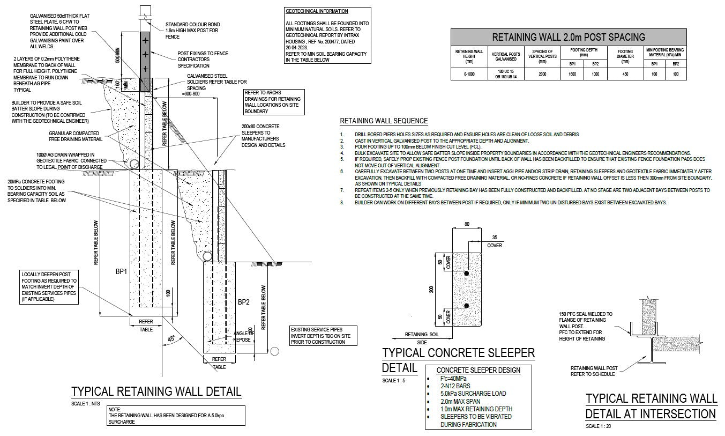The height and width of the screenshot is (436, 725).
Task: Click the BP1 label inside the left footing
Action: click(121, 272)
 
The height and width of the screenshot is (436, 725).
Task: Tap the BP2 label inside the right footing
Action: click(244, 302)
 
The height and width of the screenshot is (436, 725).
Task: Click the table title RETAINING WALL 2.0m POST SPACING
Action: click(569, 37)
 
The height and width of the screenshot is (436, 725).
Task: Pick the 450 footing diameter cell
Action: click(625, 75)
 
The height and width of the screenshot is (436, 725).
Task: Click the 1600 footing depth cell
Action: click(572, 75)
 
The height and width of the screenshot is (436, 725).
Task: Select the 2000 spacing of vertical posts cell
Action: click(543, 75)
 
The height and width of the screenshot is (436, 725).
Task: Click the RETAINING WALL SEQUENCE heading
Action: click(384, 121)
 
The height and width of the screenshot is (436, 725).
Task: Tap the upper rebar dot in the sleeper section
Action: click(467, 274)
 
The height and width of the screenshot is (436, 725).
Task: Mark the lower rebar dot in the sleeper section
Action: click(467, 306)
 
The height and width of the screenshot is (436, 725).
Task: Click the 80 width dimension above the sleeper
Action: click(467, 225)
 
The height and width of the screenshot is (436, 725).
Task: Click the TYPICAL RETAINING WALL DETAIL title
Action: click(156, 391)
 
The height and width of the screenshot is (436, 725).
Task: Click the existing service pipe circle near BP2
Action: click(275, 351)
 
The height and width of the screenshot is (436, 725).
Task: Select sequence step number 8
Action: click(342, 202)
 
